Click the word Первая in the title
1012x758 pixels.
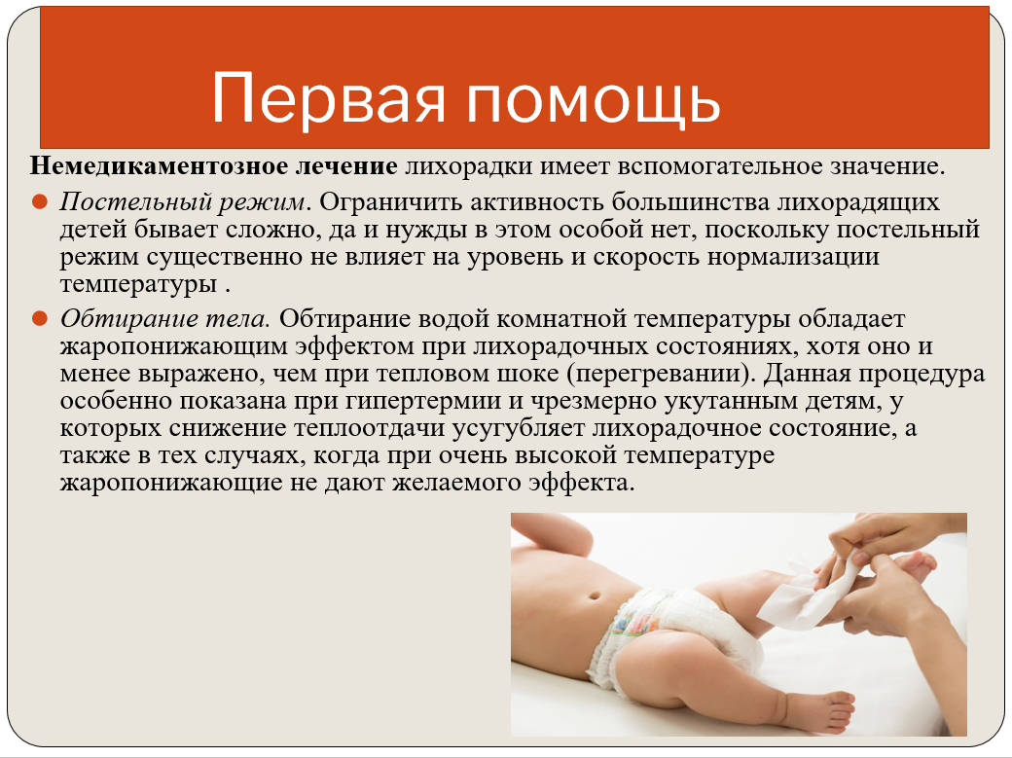point(329,97)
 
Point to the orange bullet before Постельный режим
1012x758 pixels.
point(40,201)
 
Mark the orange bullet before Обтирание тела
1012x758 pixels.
point(40,318)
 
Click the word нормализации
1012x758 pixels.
point(793,257)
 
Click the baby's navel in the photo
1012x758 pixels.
point(596,595)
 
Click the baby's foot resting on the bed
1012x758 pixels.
point(819,710)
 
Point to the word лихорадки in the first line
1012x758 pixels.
point(469,166)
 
